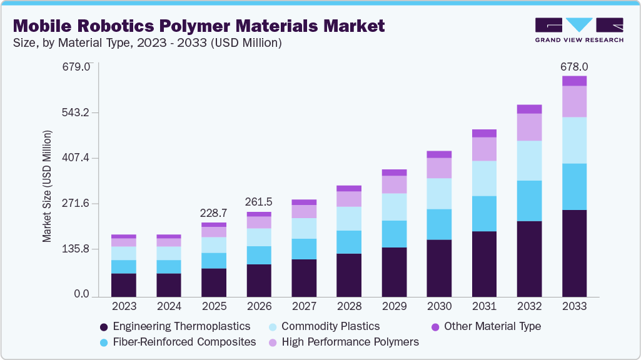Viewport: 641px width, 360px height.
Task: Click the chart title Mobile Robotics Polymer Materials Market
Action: point(199,26)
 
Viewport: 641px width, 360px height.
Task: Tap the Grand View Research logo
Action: point(579,29)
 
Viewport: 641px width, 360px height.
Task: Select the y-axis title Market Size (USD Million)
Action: point(47,186)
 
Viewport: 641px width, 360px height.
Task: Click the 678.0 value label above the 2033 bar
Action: point(574,66)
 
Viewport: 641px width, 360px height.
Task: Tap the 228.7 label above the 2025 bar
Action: point(214,213)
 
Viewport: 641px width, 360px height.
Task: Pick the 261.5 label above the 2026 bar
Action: point(259,202)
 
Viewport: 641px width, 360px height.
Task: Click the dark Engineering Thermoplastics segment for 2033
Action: point(574,253)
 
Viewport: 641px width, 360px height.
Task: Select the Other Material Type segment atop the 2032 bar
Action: point(529,109)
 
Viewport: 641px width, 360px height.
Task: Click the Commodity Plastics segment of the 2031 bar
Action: point(484,178)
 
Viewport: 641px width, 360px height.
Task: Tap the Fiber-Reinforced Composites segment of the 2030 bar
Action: point(439,224)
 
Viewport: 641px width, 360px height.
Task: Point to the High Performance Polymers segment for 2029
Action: point(394,184)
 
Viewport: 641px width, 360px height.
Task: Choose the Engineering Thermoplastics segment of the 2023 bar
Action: point(124,284)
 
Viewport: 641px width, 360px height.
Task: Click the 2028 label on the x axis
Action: point(349,306)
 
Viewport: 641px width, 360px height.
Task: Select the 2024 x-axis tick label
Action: point(169,306)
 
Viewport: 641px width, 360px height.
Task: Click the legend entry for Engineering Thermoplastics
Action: point(175,326)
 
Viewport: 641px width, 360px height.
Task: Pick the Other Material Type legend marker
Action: point(436,327)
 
